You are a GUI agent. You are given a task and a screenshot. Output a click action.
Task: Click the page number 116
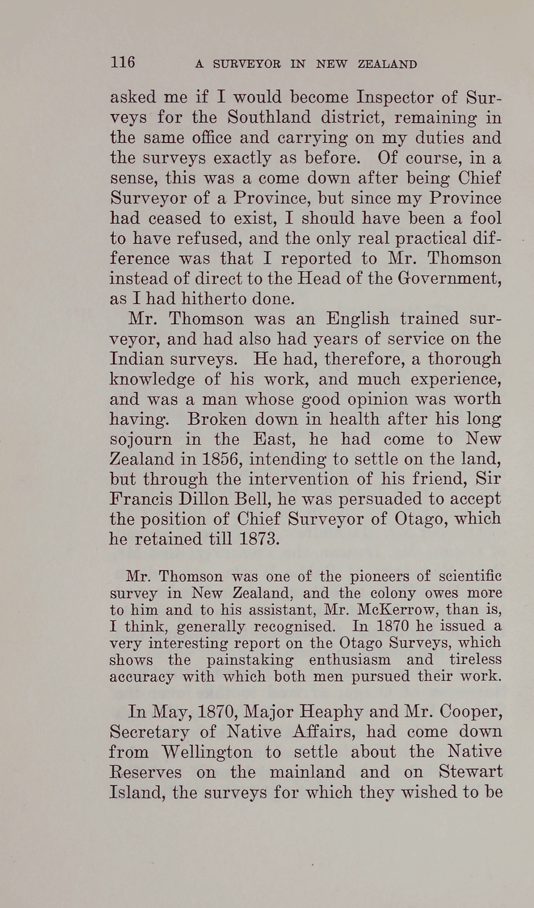(123, 62)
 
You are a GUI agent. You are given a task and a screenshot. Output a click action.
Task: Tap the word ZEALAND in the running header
(387, 64)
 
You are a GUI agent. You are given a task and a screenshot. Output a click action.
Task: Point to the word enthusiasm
(349, 660)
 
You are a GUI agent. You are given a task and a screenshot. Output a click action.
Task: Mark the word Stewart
(470, 772)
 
